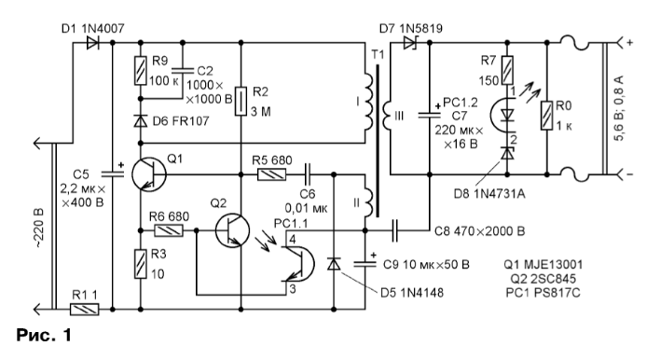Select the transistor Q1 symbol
click(x=149, y=173)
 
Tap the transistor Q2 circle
click(x=232, y=230)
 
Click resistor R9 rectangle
click(x=141, y=70)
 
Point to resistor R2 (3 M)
click(x=241, y=101)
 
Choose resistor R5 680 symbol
click(x=271, y=174)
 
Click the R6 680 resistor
click(x=169, y=230)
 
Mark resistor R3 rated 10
click(x=141, y=264)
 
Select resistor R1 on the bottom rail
click(x=84, y=310)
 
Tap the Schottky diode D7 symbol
click(x=409, y=43)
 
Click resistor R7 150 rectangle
click(x=507, y=70)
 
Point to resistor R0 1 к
click(x=547, y=115)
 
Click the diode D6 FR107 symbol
click(x=141, y=121)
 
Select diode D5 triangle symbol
click(x=334, y=264)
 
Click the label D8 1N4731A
click(x=489, y=194)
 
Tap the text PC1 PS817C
click(x=543, y=292)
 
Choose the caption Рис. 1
click(x=44, y=335)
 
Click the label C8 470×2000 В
click(x=479, y=231)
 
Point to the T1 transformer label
click(x=378, y=55)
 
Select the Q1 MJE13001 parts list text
click(x=543, y=265)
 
